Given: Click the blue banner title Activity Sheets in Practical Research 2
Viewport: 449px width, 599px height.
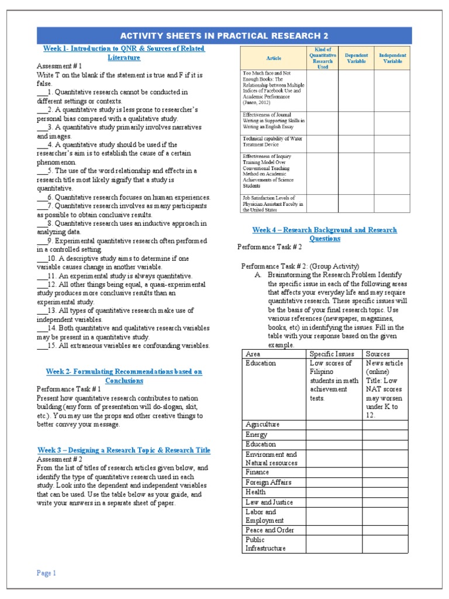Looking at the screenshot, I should [224, 36].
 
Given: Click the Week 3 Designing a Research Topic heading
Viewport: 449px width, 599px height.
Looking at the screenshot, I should [124, 450].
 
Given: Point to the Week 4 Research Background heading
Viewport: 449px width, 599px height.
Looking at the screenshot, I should [324, 234].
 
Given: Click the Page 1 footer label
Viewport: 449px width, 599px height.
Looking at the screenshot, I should [46, 573].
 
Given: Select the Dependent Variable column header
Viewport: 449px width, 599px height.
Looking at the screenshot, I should [356, 58].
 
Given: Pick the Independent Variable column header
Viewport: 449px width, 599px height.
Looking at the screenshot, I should [392, 58].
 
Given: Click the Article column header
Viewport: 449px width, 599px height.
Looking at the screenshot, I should [274, 58].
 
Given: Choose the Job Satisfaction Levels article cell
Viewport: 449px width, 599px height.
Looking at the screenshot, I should [273, 204].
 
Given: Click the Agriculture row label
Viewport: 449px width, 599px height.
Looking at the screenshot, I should [263, 424].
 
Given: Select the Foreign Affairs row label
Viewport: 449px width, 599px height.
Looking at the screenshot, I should [268, 482].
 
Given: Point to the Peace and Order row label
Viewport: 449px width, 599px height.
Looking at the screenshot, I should [270, 530].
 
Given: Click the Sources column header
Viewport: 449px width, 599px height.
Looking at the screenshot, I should [378, 354].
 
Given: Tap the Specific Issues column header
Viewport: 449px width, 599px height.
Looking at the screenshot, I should [331, 354].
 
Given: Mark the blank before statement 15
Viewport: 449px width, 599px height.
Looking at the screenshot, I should [42, 346].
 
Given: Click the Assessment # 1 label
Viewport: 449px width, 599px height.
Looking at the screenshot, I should [59, 66].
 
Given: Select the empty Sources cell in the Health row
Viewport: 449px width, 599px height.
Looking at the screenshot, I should [385, 492].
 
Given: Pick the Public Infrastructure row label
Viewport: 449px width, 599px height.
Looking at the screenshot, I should [265, 544].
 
